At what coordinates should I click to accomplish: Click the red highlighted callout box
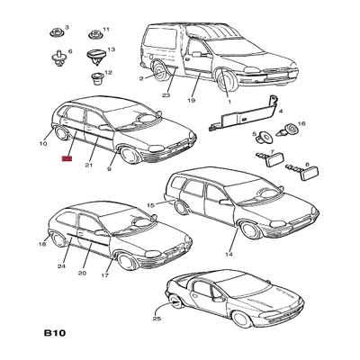[67, 159]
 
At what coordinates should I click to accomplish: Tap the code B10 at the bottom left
[55, 333]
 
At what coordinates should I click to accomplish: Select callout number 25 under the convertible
[157, 319]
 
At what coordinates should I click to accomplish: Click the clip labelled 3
[57, 32]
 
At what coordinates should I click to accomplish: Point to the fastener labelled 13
[94, 57]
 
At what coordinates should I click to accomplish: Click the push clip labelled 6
[58, 58]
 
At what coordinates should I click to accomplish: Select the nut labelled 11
[95, 34]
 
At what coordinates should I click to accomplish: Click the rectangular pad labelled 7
[273, 158]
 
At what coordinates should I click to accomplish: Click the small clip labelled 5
[262, 137]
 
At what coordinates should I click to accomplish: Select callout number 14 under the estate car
[229, 255]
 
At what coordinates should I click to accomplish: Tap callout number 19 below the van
[191, 100]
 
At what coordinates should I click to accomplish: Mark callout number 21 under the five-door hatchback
[88, 165]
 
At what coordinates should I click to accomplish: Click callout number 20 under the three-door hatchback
[82, 273]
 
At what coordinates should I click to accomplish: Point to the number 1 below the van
[229, 102]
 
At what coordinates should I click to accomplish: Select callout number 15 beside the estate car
[151, 205]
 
